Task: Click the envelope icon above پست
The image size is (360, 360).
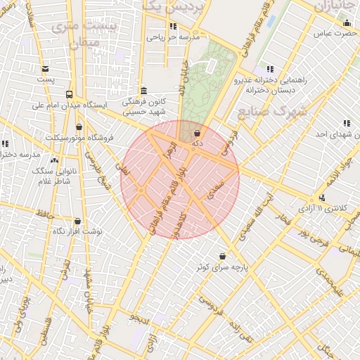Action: tap(46, 69)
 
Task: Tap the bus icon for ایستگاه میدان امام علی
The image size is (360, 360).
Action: tap(69, 94)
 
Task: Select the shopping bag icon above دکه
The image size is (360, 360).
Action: tap(197, 132)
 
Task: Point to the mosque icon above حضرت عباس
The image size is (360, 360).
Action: tap(347, 22)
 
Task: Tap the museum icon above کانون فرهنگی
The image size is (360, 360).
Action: tap(144, 90)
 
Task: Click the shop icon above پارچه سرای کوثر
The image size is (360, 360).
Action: tap(223, 256)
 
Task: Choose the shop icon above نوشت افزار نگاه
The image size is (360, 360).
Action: tap(77, 220)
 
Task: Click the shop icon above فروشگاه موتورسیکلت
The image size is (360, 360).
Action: tap(79, 127)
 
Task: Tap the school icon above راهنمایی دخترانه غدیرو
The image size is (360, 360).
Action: tap(270, 69)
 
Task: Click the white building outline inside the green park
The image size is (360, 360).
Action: tap(210, 65)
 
